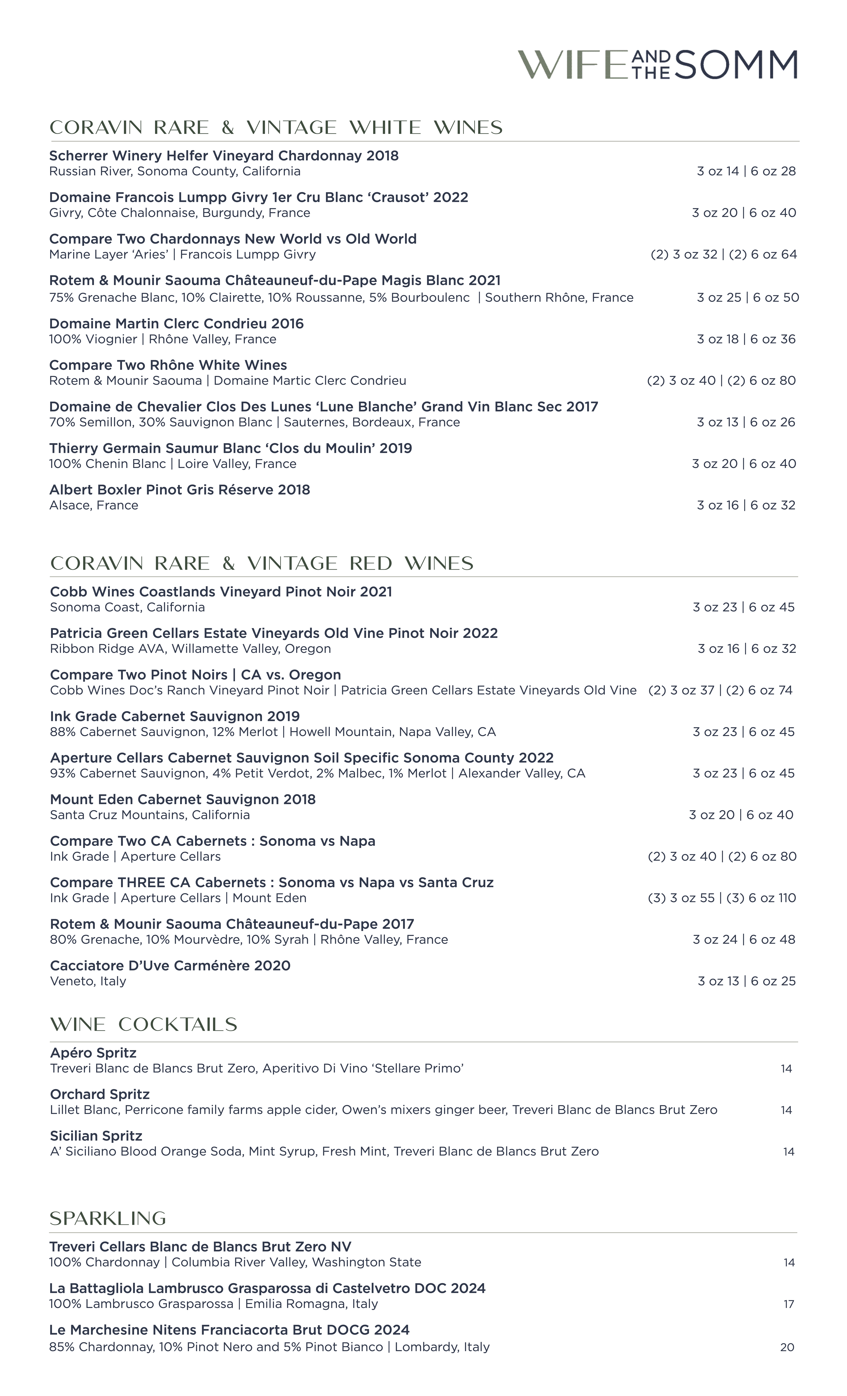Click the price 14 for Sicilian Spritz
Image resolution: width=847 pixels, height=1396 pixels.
pos(788,1152)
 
